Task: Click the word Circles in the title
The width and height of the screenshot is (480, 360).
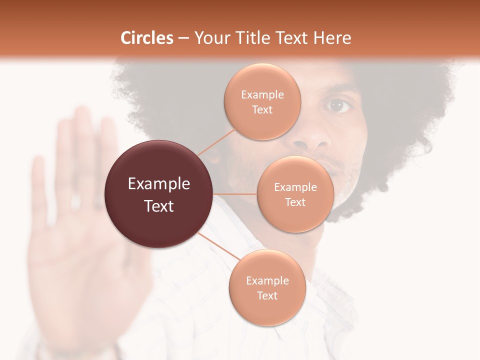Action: pos(147,38)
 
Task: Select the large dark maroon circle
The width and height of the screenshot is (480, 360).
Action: pos(159,194)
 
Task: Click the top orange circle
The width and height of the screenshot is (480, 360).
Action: pos(262,101)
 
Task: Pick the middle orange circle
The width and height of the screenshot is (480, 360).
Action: pos(295,194)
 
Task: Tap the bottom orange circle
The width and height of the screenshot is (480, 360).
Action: pos(267,287)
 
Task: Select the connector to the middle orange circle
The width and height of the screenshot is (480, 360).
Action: pos(235,194)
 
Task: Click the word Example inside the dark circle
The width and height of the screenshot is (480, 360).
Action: pos(159,183)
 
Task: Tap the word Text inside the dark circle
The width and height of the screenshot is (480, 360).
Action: pos(159,205)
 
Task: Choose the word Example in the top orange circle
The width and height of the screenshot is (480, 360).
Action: pos(262,94)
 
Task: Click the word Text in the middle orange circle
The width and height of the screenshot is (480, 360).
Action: pos(295,202)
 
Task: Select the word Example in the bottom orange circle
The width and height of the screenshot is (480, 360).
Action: pos(267,280)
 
